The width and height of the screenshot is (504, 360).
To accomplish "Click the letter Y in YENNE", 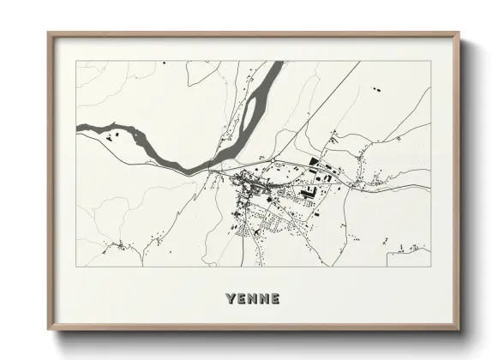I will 230,299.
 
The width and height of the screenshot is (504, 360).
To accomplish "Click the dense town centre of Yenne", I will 249,183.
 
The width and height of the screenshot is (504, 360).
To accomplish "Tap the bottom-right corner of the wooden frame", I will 459,329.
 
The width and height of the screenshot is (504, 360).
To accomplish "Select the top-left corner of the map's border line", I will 76,61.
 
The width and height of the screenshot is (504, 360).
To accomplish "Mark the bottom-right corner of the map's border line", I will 430,266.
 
